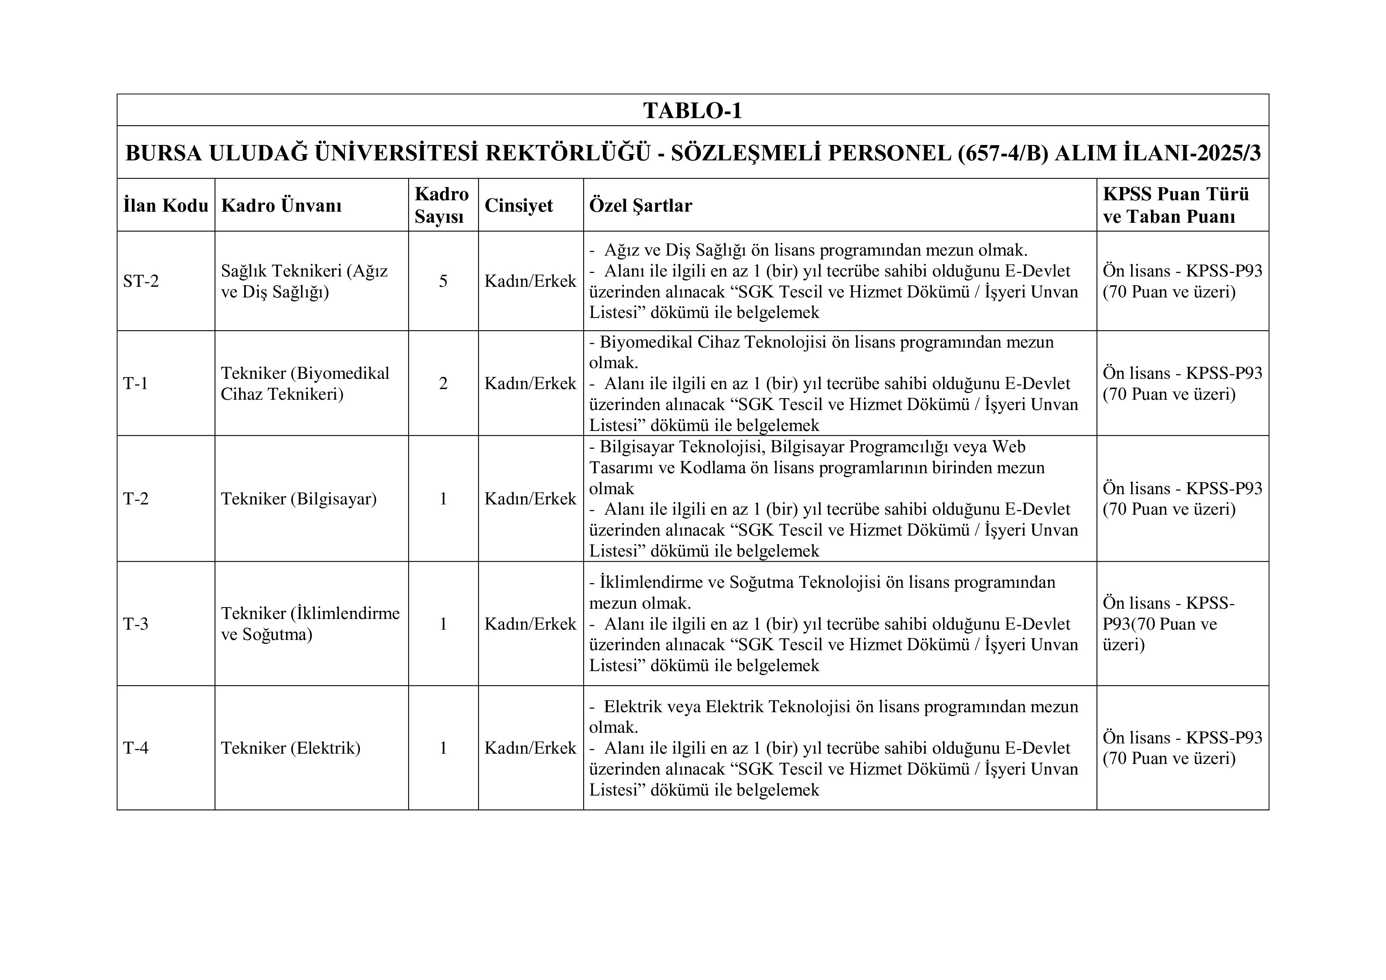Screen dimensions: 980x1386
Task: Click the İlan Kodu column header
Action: (166, 205)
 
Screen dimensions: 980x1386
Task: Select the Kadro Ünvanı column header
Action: (281, 205)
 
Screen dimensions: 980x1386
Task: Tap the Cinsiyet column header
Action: (518, 205)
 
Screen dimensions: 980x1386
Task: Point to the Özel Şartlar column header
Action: (640, 205)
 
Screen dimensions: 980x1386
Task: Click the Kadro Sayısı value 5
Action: (443, 281)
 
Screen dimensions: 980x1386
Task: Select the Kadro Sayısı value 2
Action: (443, 383)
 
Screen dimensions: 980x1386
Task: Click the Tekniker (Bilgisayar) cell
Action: (299, 498)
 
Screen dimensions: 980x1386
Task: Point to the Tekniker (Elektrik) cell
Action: (290, 748)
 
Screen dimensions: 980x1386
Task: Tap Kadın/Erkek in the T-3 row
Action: (530, 623)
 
